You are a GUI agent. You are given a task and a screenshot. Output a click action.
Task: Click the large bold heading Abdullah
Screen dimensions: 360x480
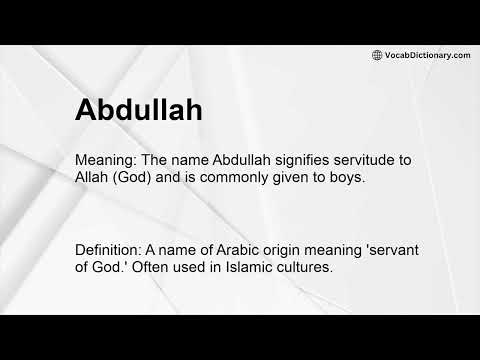(139, 111)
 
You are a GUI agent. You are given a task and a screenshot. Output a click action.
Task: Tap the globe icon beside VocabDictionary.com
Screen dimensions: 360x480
(377, 55)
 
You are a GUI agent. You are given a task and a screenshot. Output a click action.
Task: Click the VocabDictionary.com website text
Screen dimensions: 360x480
(427, 55)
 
